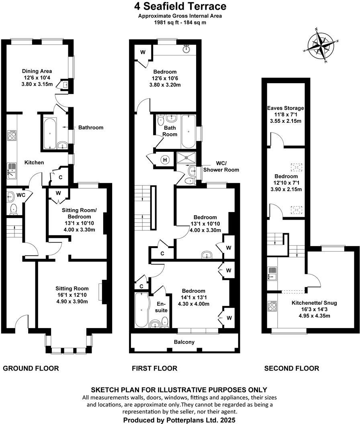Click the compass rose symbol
(x=321, y=45)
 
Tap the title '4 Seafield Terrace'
(x=180, y=6)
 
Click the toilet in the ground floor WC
(x=13, y=208)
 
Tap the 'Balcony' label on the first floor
(x=184, y=342)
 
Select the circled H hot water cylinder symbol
(x=164, y=160)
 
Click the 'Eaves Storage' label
(x=286, y=108)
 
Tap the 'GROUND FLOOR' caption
(x=31, y=368)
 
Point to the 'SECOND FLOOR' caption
(x=292, y=368)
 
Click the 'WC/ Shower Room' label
(x=221, y=167)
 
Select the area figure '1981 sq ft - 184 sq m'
(x=180, y=22)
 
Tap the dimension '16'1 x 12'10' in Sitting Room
(x=72, y=295)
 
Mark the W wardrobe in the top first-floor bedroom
(x=142, y=52)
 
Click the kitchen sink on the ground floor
(x=12, y=170)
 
